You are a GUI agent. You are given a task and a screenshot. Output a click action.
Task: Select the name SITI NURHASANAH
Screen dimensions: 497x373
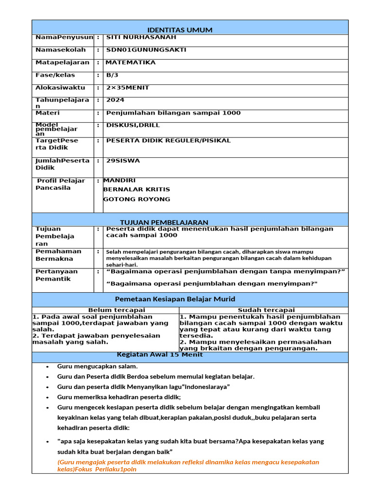[141, 37]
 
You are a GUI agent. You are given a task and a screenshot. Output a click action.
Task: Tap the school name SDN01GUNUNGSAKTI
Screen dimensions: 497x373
[146, 50]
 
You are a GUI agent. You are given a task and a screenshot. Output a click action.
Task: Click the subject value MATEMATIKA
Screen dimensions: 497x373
[131, 63]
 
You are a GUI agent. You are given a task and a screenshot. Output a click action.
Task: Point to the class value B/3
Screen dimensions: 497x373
[112, 75]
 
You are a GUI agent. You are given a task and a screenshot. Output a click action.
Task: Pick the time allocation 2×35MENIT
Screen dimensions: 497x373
[128, 88]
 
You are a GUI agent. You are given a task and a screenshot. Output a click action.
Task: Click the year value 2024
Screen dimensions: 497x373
[115, 100]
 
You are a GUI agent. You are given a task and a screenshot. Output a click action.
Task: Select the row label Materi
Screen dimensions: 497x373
[48, 113]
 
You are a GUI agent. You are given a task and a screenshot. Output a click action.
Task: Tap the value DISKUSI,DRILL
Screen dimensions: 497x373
[133, 125]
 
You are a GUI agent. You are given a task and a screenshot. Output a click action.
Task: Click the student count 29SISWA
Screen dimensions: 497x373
[124, 161]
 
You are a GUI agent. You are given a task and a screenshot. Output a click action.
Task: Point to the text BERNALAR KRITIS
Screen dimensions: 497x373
[136, 190]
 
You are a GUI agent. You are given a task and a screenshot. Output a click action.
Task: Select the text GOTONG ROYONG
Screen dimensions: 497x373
[136, 199]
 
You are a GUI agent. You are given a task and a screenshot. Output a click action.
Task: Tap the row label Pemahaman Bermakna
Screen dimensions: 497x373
[58, 255]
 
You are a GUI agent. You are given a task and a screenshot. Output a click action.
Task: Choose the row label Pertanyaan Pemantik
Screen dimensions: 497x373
[56, 275]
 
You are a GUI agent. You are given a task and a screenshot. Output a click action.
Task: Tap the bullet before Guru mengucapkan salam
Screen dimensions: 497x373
[47, 367]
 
